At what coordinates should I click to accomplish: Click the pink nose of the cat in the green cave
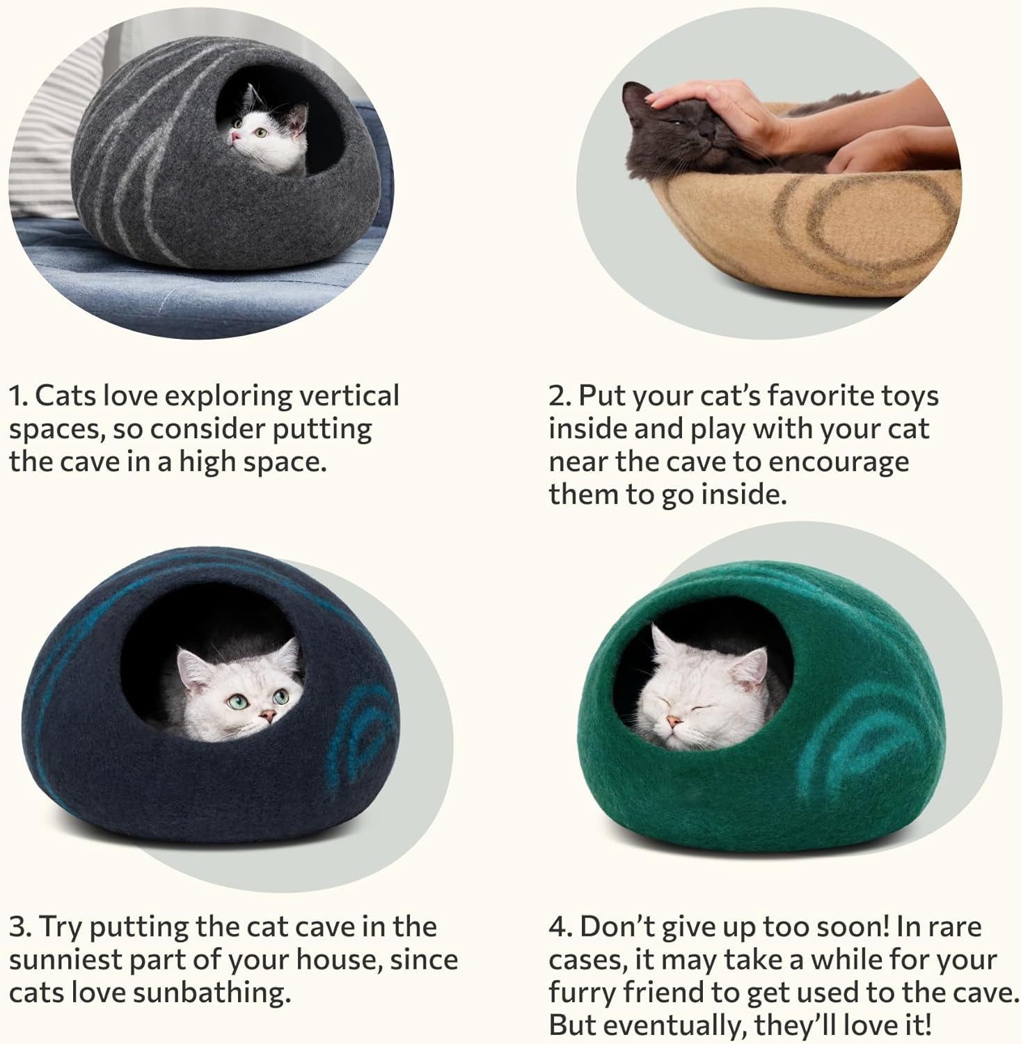(x=672, y=721)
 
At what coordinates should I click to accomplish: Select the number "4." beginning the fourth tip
(x=560, y=926)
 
